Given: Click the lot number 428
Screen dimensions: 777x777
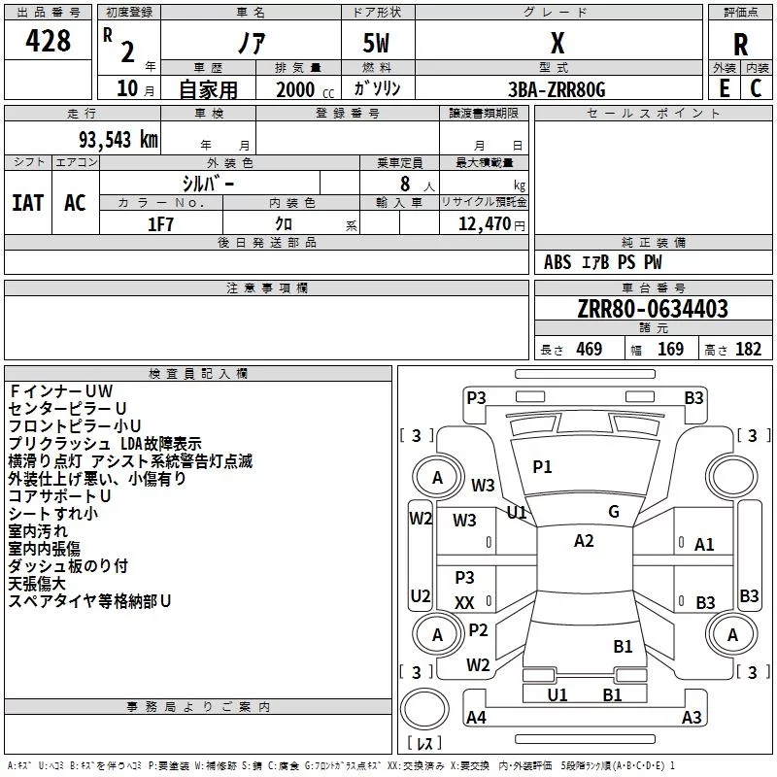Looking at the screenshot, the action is [x=48, y=41].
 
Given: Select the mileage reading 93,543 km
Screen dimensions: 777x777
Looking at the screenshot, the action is [x=118, y=140].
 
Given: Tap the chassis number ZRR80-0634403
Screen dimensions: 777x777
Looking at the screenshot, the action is [x=653, y=309].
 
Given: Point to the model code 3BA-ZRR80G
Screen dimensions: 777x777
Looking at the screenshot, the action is [x=557, y=89].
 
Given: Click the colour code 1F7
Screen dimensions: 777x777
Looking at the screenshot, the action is [x=160, y=224].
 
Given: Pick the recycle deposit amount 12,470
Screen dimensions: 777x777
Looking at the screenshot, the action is [x=484, y=224].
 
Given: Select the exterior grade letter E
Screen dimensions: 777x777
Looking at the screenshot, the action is [x=724, y=88].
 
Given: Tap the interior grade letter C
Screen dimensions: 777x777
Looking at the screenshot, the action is [x=756, y=88].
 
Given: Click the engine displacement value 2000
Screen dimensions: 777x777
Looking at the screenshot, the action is [x=295, y=89].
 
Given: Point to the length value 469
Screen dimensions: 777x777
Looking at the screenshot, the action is [x=590, y=349].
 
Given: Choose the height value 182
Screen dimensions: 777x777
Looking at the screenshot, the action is [x=748, y=349].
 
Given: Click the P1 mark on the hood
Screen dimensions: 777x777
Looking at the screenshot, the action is [x=542, y=467].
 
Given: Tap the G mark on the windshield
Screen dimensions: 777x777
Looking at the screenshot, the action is [x=614, y=512].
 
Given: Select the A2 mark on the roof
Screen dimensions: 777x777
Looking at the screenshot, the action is [x=584, y=541].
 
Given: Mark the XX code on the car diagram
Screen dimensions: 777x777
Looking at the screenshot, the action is [x=464, y=603].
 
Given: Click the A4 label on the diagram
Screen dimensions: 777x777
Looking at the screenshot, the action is [x=476, y=717].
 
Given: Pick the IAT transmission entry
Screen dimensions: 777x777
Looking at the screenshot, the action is [x=28, y=203].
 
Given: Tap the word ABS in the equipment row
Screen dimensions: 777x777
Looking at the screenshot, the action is [x=557, y=262].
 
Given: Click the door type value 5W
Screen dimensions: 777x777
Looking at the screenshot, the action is [x=376, y=43].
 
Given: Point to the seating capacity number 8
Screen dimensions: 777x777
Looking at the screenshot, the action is [x=405, y=184].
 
